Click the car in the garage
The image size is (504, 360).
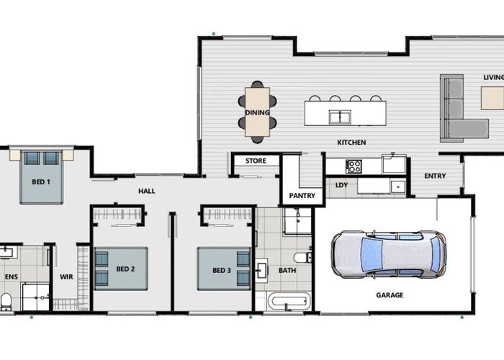389,254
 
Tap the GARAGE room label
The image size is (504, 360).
390,295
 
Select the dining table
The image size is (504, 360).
257,112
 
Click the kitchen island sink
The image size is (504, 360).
340,117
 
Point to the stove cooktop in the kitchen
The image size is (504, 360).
354,166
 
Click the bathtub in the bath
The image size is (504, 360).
289,302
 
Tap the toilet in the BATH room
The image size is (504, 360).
302,258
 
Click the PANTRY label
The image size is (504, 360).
302,195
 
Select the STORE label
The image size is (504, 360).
256,161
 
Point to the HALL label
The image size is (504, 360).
147,191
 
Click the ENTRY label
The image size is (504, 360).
435,176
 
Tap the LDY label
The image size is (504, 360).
341,185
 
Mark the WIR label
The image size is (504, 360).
66,276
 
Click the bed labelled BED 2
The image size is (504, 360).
121,269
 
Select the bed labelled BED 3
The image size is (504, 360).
224,269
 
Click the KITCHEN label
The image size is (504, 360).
351,143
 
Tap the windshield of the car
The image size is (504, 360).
372,254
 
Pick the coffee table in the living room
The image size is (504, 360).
492,98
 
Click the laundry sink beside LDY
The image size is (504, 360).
398,186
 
